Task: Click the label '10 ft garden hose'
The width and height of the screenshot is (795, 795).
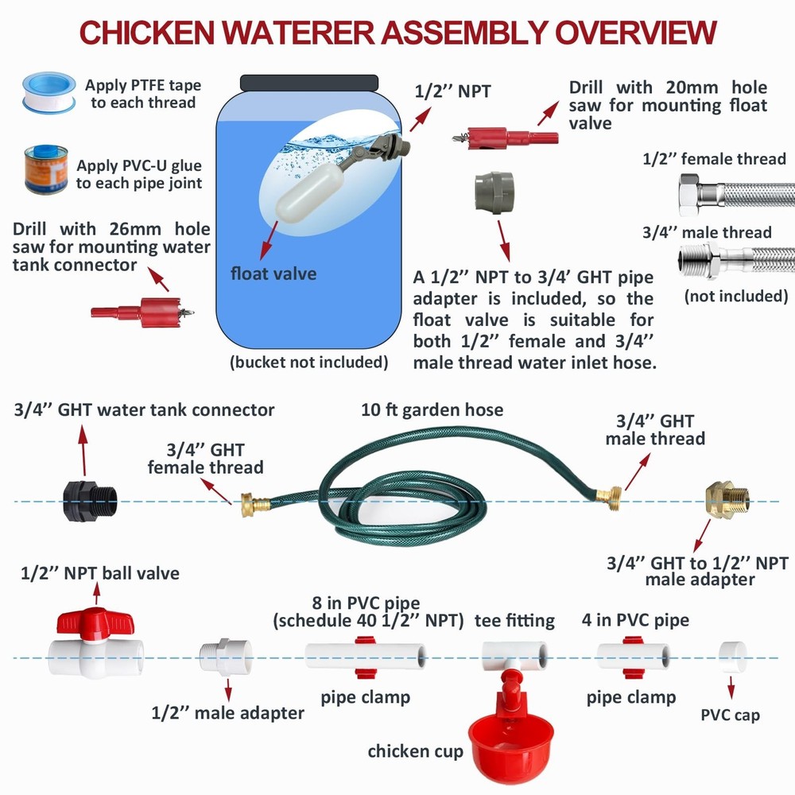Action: (x=432, y=410)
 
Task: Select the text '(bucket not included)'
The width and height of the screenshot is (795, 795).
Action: (x=308, y=363)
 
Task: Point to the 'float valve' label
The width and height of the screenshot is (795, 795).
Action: (x=273, y=274)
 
